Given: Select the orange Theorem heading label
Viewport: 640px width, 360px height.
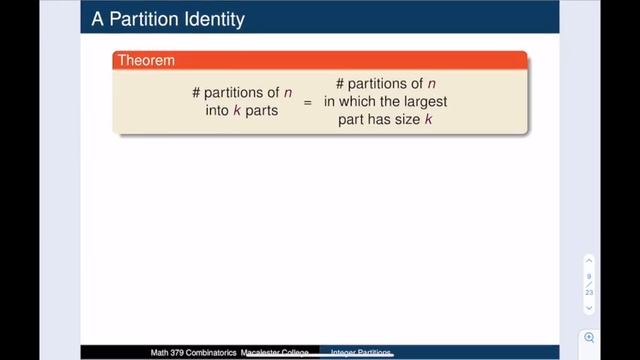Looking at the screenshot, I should (x=146, y=61).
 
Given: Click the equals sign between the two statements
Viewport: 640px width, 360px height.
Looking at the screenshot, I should (x=308, y=103).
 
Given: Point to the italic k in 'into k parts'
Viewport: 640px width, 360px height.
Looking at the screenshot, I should (x=238, y=111).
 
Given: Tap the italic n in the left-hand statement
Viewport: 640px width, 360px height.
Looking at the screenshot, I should (x=288, y=93).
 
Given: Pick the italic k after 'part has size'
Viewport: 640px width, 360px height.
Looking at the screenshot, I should (x=428, y=120).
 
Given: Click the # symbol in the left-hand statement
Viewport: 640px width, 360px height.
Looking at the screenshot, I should (x=197, y=93).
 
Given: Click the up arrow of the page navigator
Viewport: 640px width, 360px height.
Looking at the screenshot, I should (x=590, y=261).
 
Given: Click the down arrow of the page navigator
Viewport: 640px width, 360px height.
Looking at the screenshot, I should (x=590, y=307).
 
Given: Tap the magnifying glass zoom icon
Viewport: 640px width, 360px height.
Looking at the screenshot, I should (x=590, y=338).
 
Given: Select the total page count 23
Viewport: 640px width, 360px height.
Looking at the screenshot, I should (x=590, y=292).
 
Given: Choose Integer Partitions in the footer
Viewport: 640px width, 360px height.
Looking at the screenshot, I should (x=362, y=353).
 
